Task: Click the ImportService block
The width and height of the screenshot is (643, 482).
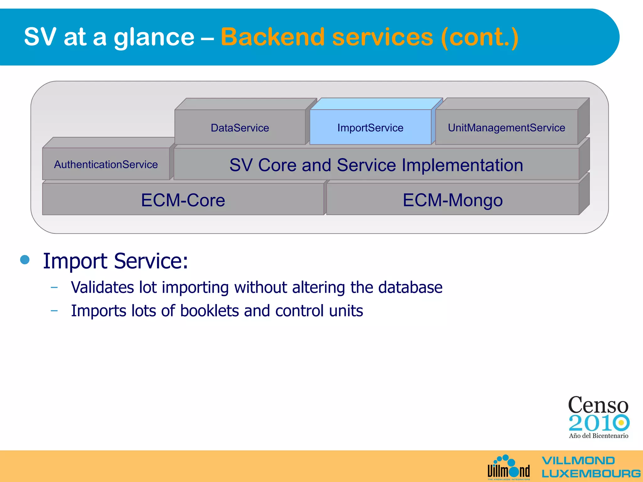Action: pos(370,127)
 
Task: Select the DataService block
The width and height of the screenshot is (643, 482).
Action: pos(240,127)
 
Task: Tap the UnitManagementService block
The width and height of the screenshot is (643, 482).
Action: pos(506,127)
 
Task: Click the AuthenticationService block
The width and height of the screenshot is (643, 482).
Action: pos(106,164)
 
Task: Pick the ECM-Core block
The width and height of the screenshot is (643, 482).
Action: pos(183,200)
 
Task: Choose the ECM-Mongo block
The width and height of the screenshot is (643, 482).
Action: pos(452,200)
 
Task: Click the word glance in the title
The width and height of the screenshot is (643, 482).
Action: pos(154,37)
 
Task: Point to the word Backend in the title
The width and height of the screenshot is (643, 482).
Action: pos(273,37)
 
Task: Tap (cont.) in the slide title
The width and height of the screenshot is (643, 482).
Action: pos(479,37)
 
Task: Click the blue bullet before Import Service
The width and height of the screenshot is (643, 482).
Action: pos(25,260)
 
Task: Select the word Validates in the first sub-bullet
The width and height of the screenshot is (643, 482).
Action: pos(102,287)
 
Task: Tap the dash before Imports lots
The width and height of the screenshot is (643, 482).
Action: pos(54,311)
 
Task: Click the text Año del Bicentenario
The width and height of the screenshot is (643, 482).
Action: pos(598,436)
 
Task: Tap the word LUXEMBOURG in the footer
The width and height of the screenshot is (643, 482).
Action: pos(591,473)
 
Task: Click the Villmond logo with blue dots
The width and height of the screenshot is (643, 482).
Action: pos(509,468)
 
